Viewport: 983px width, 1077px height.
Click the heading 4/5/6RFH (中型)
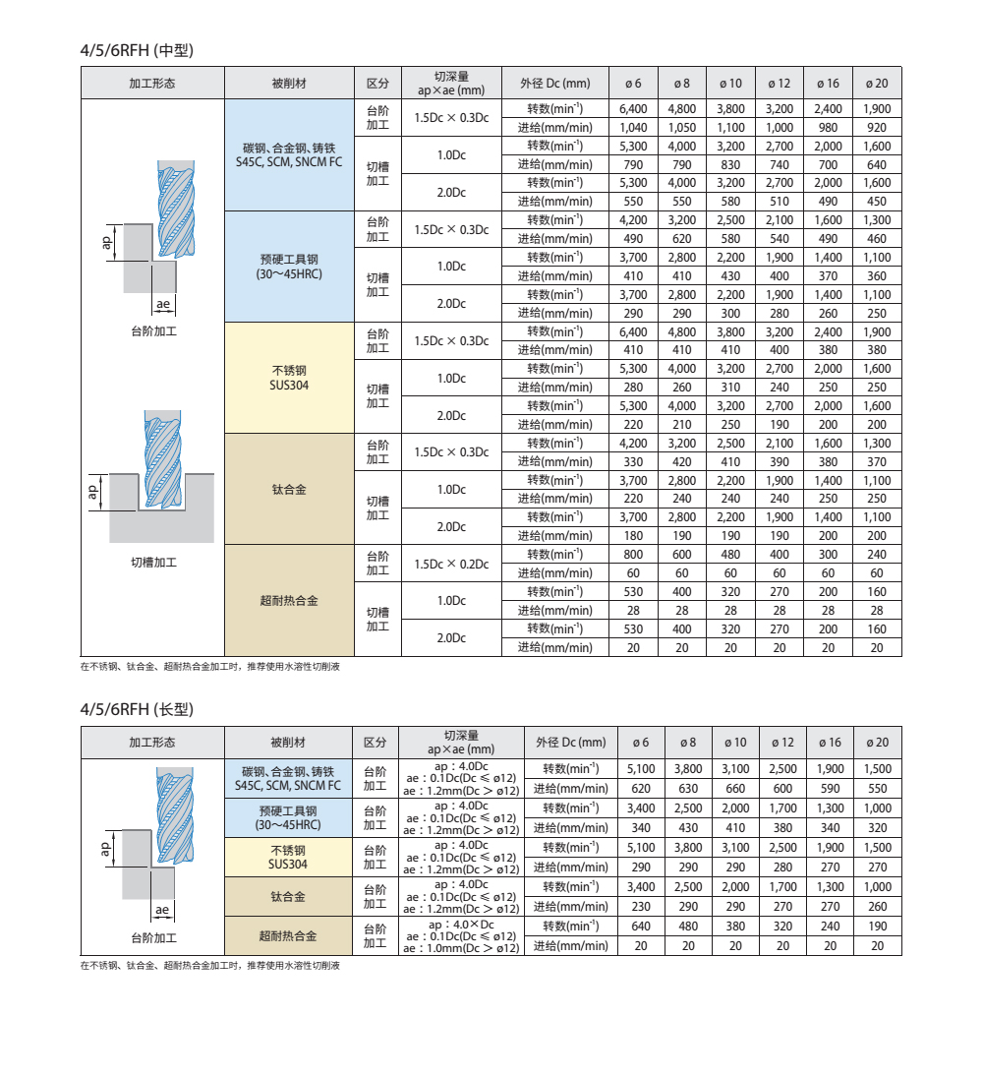[144, 48]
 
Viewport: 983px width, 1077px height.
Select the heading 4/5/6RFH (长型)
[144, 708]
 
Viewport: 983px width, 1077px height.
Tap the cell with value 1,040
[634, 127]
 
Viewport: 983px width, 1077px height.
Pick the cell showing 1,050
[682, 127]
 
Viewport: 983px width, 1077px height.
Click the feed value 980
[829, 127]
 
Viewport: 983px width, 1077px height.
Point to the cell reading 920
[877, 127]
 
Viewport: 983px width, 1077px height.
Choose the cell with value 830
[731, 164]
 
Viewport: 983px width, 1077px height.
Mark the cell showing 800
[634, 554]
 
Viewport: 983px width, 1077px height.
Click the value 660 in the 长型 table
[735, 788]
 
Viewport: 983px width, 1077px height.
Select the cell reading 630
[688, 788]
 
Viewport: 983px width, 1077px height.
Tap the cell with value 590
[831, 788]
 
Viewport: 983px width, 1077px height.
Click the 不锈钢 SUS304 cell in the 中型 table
[289, 378]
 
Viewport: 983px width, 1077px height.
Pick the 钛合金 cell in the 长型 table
[289, 896]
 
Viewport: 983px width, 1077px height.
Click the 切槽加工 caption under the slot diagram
[153, 563]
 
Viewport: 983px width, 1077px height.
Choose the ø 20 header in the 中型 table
[877, 83]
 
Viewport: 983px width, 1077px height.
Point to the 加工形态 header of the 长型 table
[152, 742]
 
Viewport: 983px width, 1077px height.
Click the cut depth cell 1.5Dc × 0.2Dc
[451, 564]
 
